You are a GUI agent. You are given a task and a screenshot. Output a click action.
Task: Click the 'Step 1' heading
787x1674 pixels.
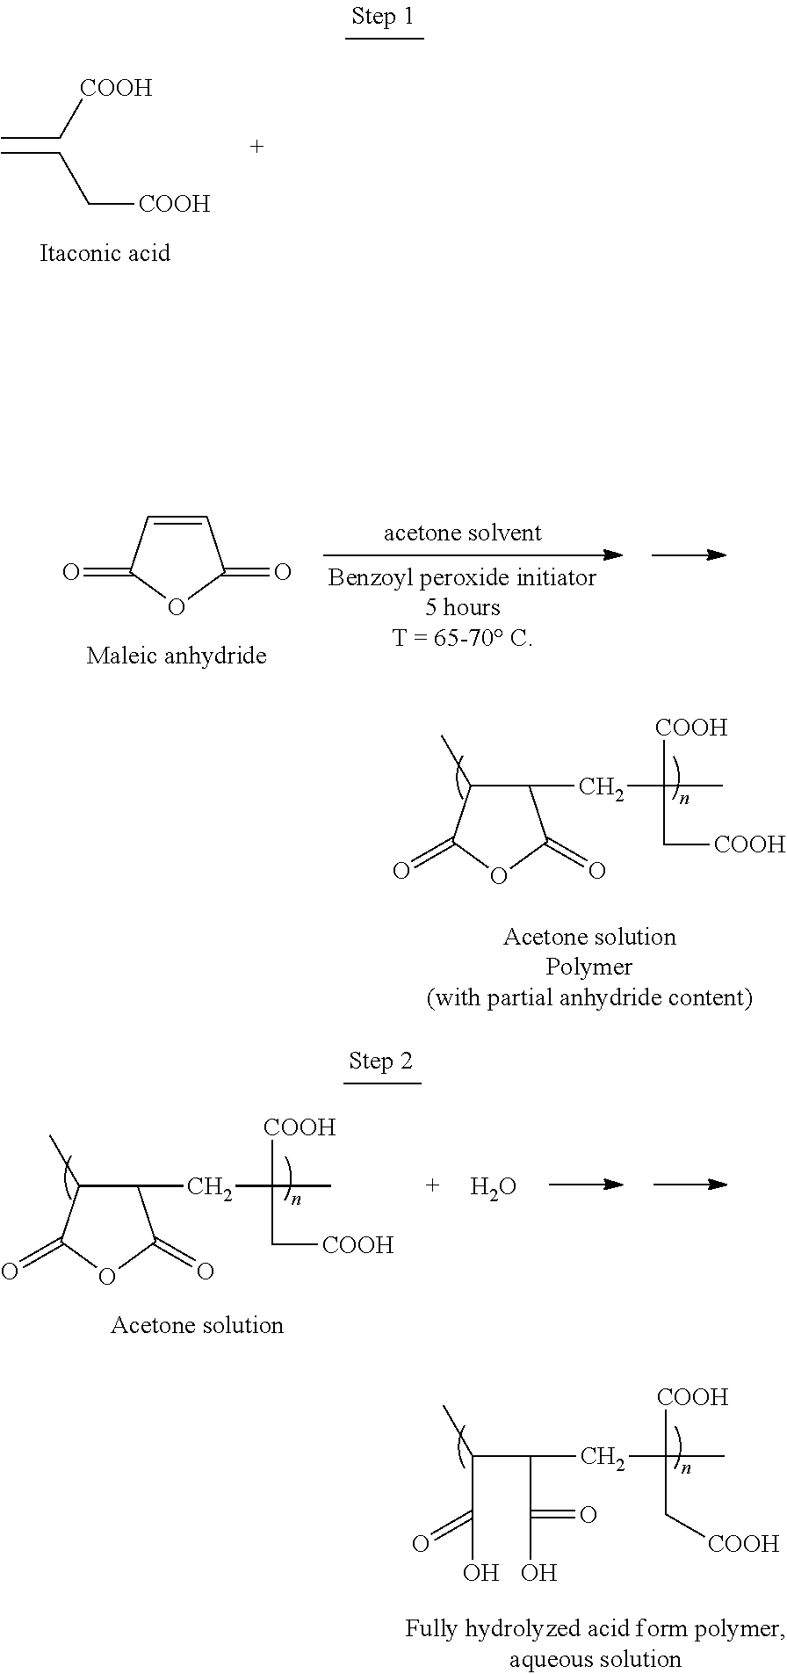click(x=382, y=17)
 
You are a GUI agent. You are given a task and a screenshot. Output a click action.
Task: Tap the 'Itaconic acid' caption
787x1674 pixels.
click(x=105, y=254)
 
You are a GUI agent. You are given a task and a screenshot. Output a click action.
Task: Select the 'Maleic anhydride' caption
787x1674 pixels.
click(x=177, y=656)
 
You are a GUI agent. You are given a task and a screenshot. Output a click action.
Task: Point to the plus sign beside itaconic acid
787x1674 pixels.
click(x=256, y=147)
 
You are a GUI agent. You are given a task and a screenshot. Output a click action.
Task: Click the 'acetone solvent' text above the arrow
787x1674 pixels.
click(x=463, y=533)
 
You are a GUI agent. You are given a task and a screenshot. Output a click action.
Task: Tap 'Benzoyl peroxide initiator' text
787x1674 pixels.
click(x=462, y=577)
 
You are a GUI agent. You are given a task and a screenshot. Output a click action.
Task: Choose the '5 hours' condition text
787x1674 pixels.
click(x=462, y=607)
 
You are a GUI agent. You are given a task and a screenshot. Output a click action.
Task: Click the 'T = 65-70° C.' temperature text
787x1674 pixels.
click(x=462, y=638)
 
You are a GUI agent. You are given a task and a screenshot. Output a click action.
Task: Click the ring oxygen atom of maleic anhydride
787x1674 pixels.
click(x=176, y=607)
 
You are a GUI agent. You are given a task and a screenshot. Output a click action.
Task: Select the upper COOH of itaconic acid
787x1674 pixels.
click(x=116, y=88)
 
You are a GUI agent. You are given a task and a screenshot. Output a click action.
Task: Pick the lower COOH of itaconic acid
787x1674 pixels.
click(x=175, y=205)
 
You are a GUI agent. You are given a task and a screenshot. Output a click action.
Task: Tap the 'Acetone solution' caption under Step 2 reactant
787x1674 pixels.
click(x=198, y=1325)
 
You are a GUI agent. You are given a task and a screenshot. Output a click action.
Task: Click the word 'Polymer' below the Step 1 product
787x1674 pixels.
click(x=589, y=967)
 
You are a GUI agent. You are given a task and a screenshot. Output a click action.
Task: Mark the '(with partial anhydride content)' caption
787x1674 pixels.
click(x=589, y=998)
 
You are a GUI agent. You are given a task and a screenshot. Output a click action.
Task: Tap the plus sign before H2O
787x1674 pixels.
click(x=431, y=1185)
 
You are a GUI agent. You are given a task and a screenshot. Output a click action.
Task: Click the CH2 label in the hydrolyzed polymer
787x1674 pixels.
click(x=603, y=1458)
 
